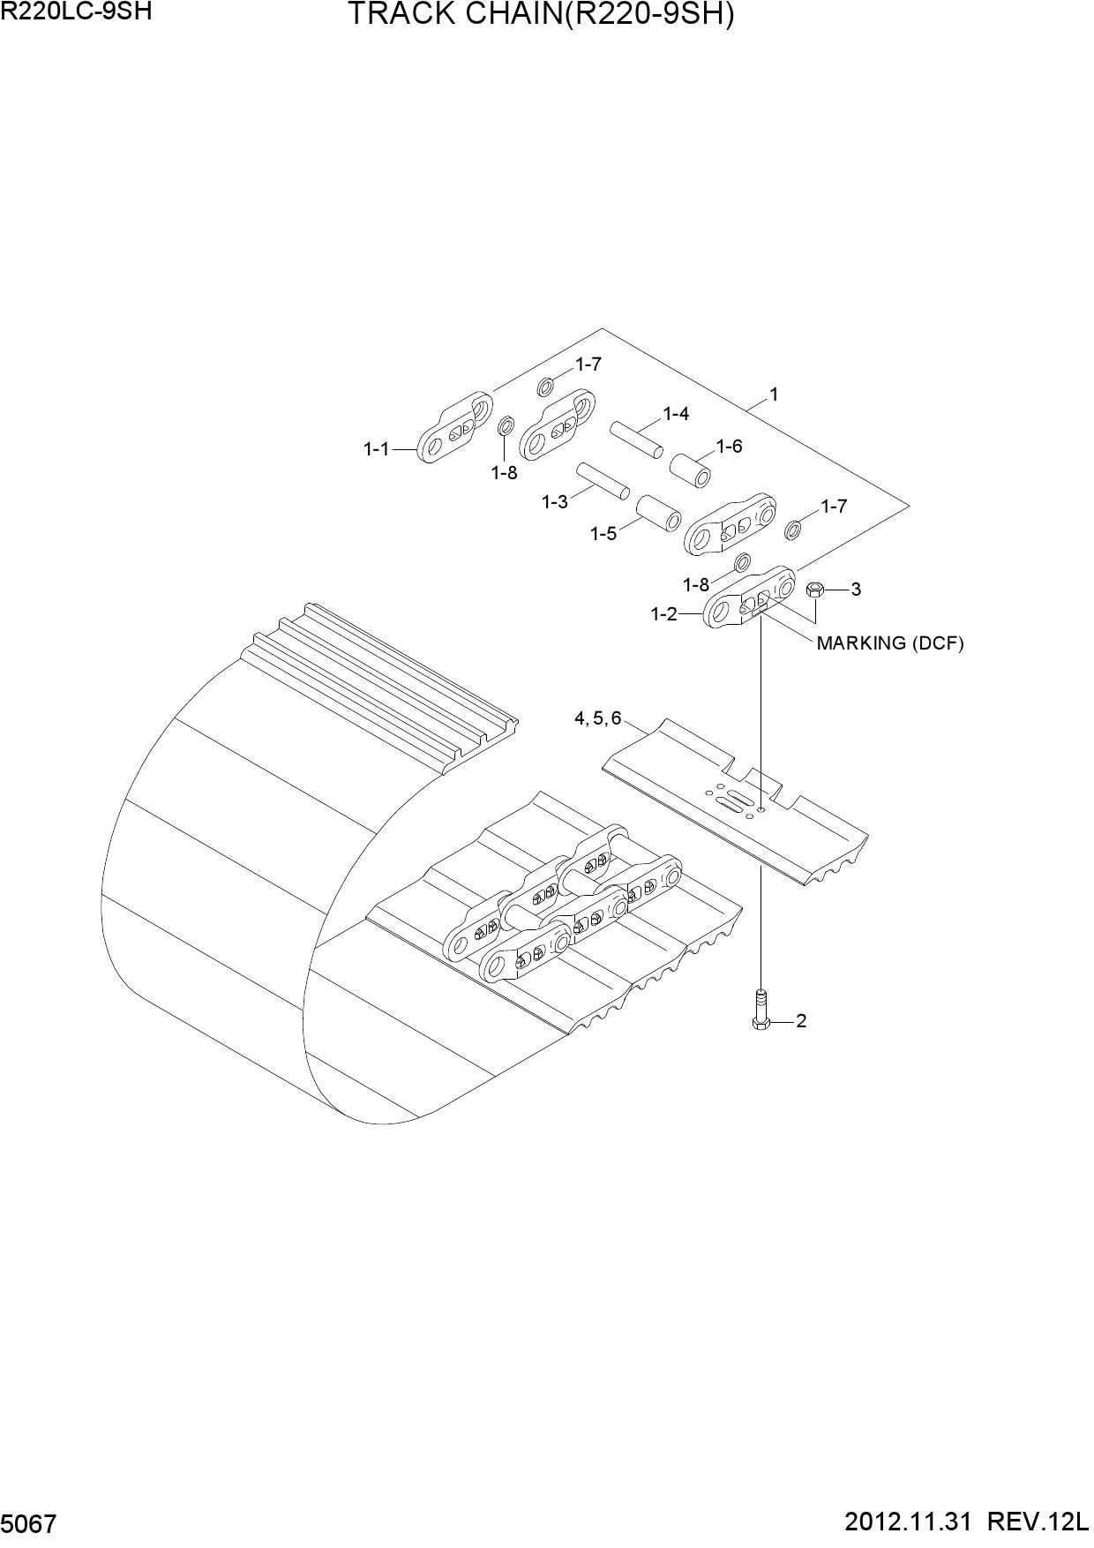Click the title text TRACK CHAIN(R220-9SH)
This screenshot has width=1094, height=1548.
coord(541,15)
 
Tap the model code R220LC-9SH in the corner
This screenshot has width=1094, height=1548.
coord(71,11)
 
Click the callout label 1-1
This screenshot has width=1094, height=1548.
coord(377,449)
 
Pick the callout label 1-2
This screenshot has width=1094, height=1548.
coord(664,613)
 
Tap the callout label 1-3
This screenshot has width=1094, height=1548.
coord(555,502)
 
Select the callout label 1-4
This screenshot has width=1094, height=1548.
coord(677,414)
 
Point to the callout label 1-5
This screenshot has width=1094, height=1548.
coord(603,534)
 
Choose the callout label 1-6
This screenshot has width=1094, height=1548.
coord(730,447)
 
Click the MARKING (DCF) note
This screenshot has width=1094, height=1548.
coord(890,643)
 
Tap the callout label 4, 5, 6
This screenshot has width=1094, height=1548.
coord(598,718)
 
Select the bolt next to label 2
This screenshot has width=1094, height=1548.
coord(761,1009)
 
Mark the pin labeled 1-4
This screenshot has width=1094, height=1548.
coord(636,439)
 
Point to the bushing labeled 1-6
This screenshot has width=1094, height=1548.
coord(693,469)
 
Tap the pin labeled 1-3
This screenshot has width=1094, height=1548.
coord(603,480)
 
